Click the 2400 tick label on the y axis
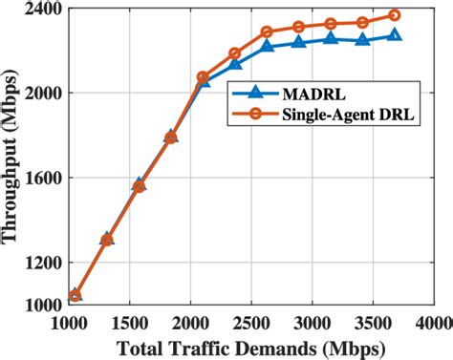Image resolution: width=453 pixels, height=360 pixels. [x=44, y=11]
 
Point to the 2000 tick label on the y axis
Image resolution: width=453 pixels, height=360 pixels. [x=44, y=94]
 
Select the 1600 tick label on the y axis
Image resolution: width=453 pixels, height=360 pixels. [x=44, y=179]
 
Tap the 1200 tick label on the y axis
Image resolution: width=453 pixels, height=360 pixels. [x=44, y=263]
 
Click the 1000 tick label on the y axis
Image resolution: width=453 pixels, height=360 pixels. [x=44, y=305]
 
